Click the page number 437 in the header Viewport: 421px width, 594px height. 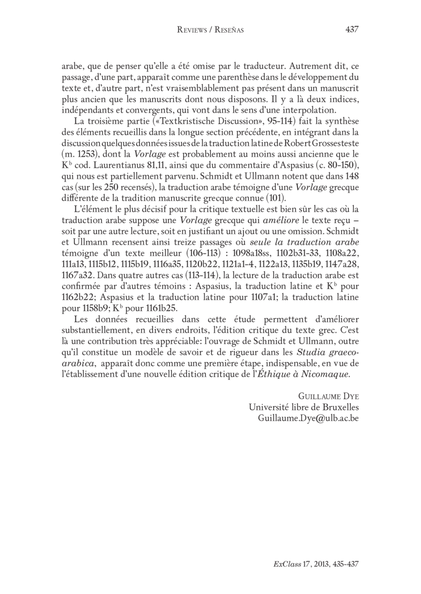click(x=352, y=29)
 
